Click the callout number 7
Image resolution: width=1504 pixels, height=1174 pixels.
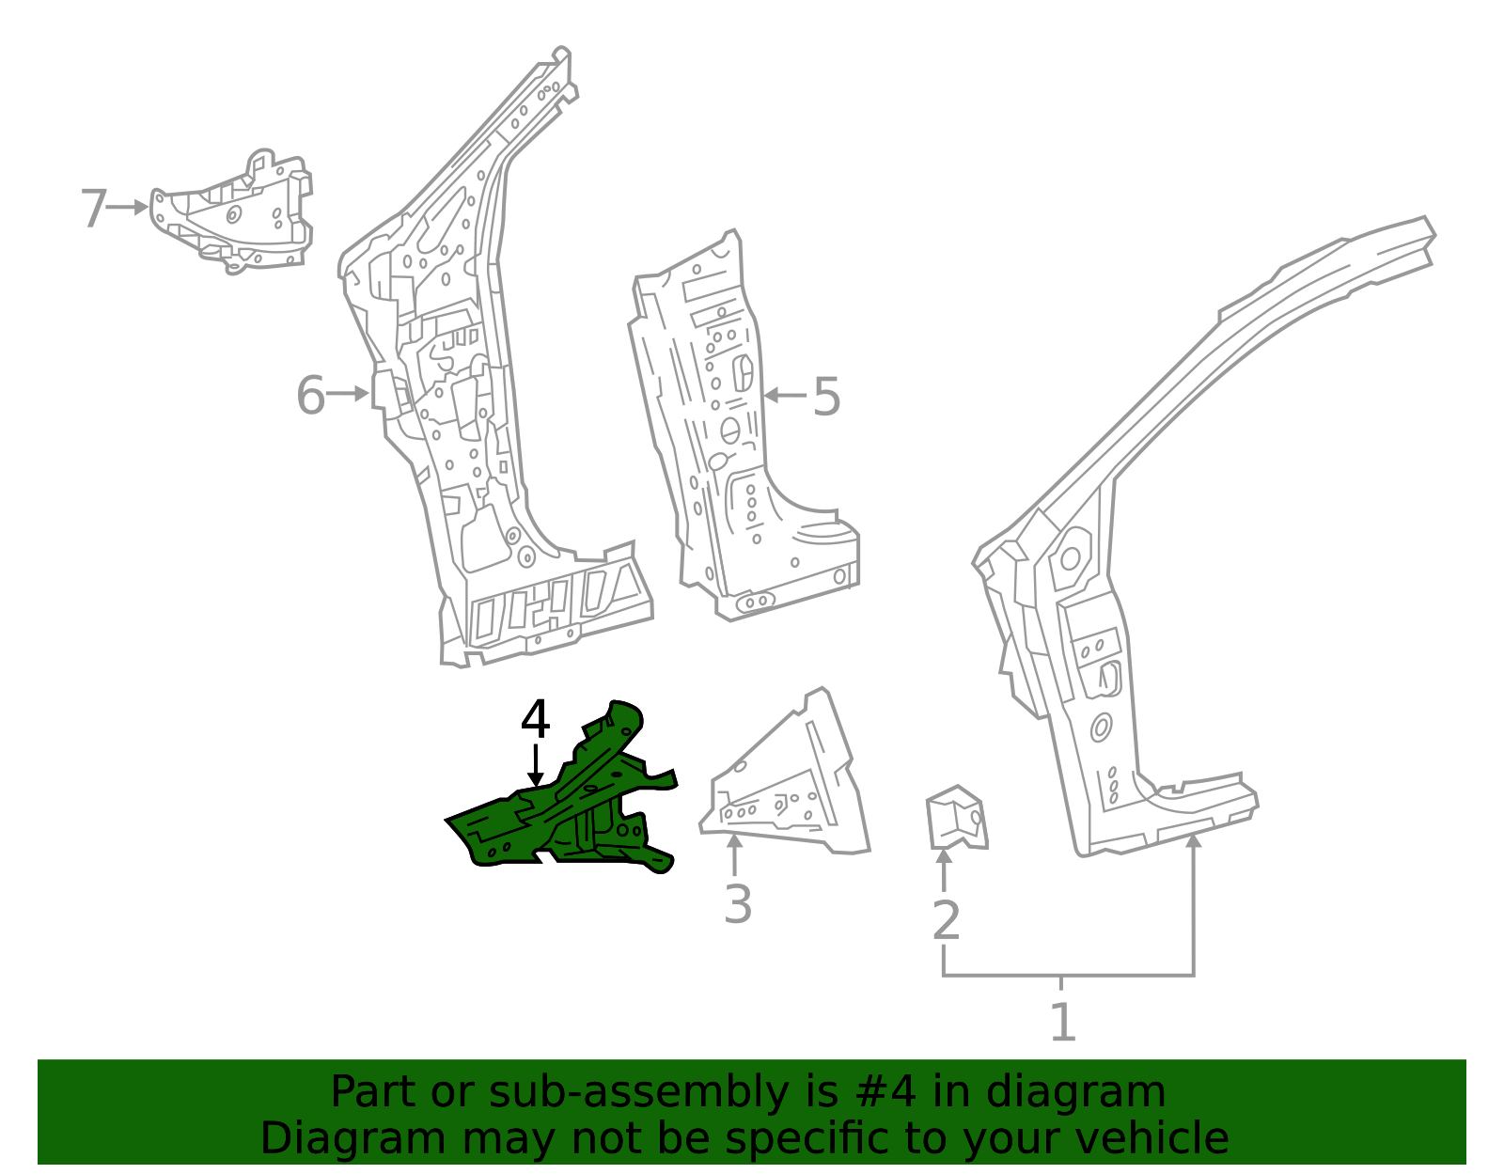(x=94, y=208)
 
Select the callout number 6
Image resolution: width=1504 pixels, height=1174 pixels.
(x=311, y=395)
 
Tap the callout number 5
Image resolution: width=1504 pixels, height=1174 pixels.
(x=826, y=397)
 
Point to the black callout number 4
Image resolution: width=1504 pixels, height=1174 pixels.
(x=535, y=719)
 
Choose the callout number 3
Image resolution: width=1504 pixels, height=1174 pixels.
(x=738, y=904)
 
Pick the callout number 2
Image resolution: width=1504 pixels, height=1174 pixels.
(x=947, y=920)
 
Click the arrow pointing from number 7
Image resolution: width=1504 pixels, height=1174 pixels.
(x=127, y=207)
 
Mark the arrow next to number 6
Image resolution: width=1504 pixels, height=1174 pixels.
(x=348, y=395)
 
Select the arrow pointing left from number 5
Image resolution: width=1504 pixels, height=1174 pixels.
(x=785, y=396)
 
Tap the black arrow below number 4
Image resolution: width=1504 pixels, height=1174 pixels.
(x=535, y=766)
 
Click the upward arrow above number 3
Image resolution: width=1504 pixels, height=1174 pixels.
(x=734, y=855)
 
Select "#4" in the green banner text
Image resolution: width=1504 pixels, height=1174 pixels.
(x=885, y=1091)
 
